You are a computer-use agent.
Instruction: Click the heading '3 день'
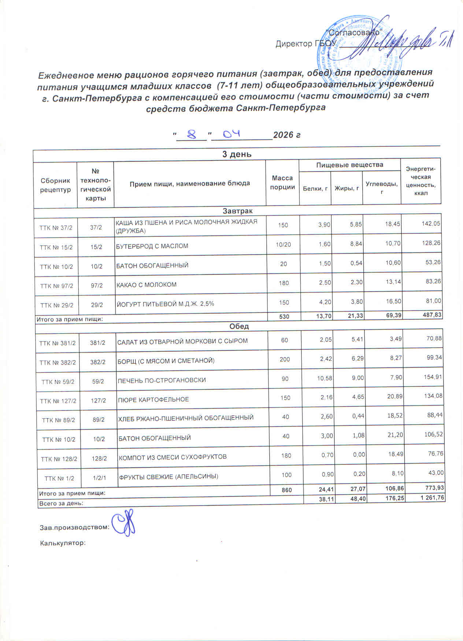(x=237, y=154)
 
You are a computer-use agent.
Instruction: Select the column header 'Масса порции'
(x=282, y=182)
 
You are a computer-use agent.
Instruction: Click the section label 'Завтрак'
(x=237, y=211)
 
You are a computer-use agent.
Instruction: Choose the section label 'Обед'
(x=239, y=326)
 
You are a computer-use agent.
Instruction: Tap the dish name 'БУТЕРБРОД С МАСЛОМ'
(x=152, y=246)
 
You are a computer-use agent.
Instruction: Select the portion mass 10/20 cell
(x=283, y=244)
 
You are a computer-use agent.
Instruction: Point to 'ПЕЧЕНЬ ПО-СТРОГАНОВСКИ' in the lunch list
(x=162, y=380)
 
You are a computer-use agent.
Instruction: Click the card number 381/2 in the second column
(x=98, y=343)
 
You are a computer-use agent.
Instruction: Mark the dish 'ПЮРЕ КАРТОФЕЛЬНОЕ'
(x=153, y=400)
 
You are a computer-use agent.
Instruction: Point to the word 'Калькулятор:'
(x=62, y=543)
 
